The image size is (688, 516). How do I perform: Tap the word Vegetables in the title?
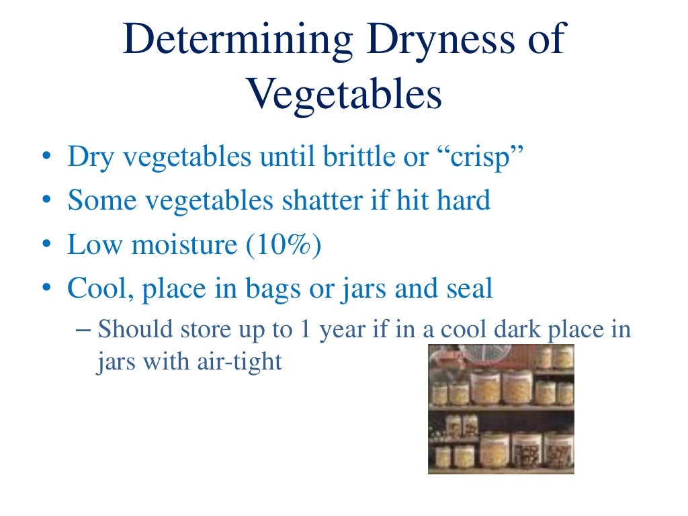pyautogui.click(x=344, y=95)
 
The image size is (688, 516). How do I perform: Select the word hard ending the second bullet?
pyautogui.click(x=463, y=201)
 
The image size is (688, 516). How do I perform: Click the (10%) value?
pyautogui.click(x=285, y=245)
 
